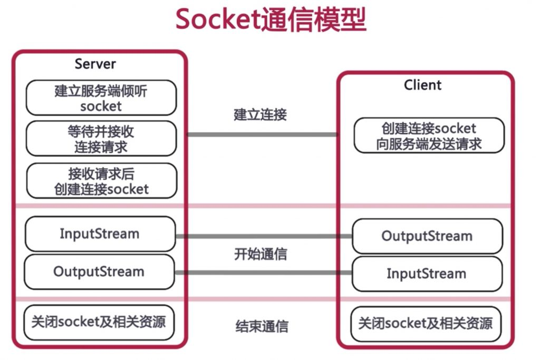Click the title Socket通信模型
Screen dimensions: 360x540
[270, 20]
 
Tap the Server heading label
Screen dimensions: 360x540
[95, 64]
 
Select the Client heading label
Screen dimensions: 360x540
[423, 85]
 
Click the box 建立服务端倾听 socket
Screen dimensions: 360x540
[101, 98]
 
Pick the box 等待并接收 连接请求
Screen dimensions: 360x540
[101, 139]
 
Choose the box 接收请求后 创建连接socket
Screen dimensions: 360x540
[101, 181]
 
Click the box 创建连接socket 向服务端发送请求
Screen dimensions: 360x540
[429, 136]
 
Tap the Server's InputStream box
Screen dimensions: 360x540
[99, 233]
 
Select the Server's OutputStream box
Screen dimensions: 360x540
[99, 272]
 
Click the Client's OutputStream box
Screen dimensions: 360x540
[427, 236]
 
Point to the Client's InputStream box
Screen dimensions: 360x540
[427, 274]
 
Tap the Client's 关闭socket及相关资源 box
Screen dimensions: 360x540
[426, 323]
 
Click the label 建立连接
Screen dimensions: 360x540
[261, 114]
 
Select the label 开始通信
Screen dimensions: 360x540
[261, 254]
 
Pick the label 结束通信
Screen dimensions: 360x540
[262, 326]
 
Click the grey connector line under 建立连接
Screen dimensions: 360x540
[262, 134]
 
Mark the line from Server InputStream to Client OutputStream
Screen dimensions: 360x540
[264, 236]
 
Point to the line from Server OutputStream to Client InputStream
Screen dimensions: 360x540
[264, 273]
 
